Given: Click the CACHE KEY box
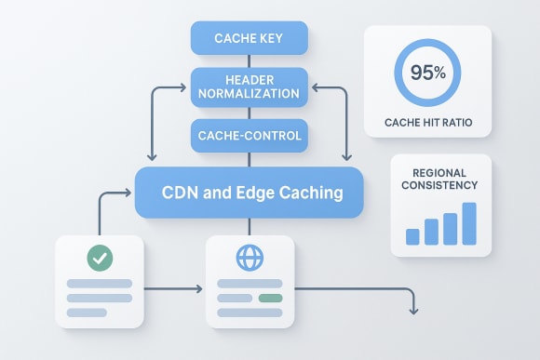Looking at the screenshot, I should pyautogui.click(x=248, y=38).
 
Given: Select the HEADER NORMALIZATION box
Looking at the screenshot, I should pyautogui.click(x=248, y=87).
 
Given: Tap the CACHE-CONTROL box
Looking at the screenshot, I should pyautogui.click(x=248, y=136).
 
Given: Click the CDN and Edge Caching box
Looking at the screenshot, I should pyautogui.click(x=249, y=193).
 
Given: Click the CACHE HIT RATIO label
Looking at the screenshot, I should pyautogui.click(x=426, y=122).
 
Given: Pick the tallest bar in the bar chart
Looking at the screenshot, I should pyautogui.click(x=469, y=223).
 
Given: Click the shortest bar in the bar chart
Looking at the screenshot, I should pyautogui.click(x=413, y=236).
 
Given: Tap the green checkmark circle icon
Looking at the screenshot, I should pyautogui.click(x=100, y=258).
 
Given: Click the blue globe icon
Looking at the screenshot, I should pyautogui.click(x=250, y=258).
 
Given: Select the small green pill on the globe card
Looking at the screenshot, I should pyautogui.click(x=270, y=298).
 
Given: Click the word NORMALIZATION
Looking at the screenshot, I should pyautogui.click(x=249, y=94).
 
